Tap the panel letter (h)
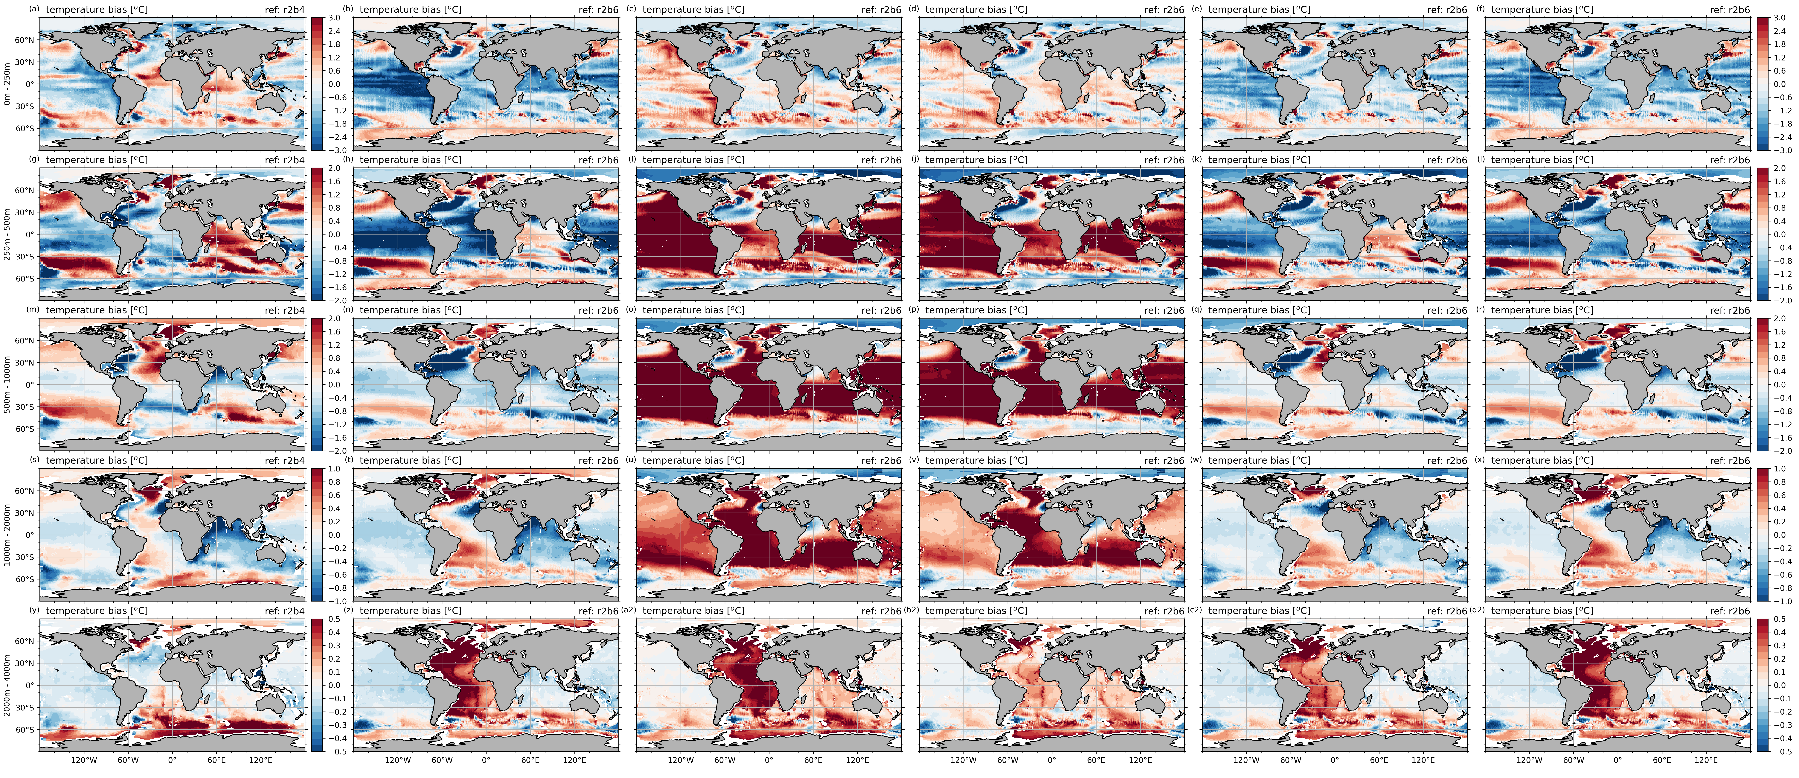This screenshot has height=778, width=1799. tap(348, 159)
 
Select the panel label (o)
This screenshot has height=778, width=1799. tap(631, 309)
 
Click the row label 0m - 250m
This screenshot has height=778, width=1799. tap(7, 84)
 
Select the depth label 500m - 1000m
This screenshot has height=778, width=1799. tap(7, 384)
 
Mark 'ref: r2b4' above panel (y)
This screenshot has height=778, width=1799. tap(284, 610)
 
